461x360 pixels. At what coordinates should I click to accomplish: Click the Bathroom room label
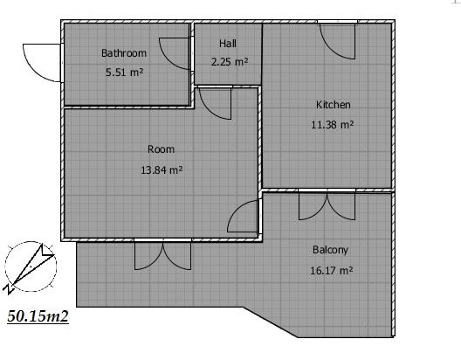click(124, 53)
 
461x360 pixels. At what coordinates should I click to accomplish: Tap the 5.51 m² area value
click(125, 72)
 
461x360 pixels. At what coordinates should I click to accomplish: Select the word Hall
click(228, 44)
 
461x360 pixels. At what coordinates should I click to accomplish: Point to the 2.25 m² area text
click(230, 62)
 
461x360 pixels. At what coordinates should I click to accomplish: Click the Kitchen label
click(334, 105)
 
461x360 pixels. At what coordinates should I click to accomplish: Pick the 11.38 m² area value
click(333, 125)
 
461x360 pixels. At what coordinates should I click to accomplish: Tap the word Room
click(161, 149)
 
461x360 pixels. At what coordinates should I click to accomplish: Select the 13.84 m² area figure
click(162, 170)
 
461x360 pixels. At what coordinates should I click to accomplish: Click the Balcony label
click(330, 250)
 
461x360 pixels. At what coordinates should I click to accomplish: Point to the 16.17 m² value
click(332, 270)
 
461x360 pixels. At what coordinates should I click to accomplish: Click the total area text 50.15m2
click(38, 316)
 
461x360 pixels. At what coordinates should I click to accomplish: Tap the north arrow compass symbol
click(31, 267)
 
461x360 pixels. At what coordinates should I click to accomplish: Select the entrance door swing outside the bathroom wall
click(41, 63)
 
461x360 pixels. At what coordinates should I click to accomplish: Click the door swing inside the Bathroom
click(174, 54)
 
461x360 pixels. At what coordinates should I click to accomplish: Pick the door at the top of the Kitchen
click(337, 41)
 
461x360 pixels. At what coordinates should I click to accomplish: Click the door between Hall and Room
click(215, 103)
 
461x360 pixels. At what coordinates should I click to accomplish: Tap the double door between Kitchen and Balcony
click(327, 205)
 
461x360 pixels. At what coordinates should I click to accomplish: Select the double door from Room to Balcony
click(163, 254)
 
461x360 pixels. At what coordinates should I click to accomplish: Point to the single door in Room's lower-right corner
click(244, 216)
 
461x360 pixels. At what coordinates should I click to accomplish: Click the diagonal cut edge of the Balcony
click(271, 322)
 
